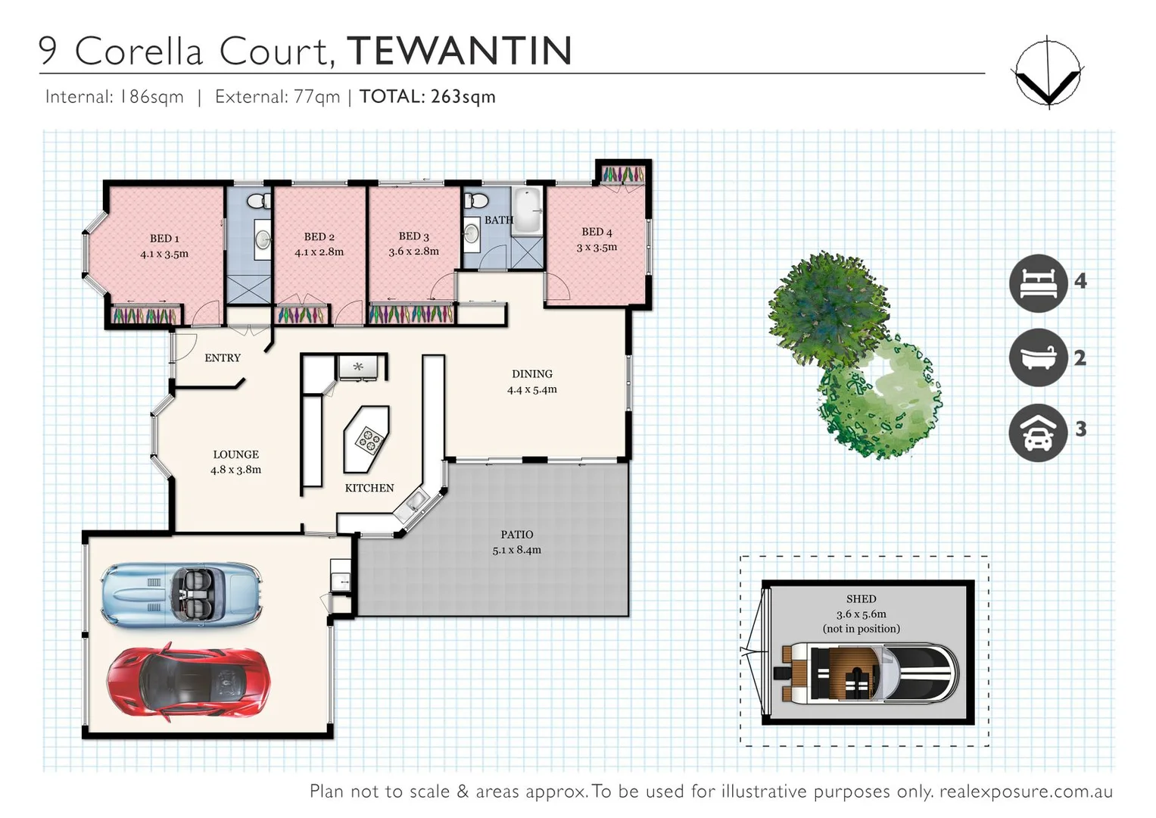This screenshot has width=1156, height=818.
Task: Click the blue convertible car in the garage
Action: coord(182,594)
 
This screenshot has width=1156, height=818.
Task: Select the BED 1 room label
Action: coord(164,239)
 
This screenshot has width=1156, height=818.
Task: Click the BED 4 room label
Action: coord(597,232)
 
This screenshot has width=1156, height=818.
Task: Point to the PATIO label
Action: coord(516,535)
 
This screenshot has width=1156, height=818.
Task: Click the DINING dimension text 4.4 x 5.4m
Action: coord(531,389)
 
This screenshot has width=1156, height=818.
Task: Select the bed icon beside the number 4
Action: coord(1038,283)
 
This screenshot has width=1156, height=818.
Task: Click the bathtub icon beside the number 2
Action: coord(1038,357)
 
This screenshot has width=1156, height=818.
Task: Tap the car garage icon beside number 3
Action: coord(1038,432)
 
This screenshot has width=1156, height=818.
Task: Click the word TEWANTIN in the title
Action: coord(460,51)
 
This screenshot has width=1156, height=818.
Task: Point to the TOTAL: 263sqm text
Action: coord(427,97)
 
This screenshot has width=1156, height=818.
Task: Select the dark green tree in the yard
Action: coord(827,308)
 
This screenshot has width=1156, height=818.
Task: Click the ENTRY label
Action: coord(223,357)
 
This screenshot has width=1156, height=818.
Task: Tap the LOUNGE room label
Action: coord(235,454)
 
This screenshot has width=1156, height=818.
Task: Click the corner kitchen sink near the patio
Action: coord(415,501)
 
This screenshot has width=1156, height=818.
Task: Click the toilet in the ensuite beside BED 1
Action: coord(257,201)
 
